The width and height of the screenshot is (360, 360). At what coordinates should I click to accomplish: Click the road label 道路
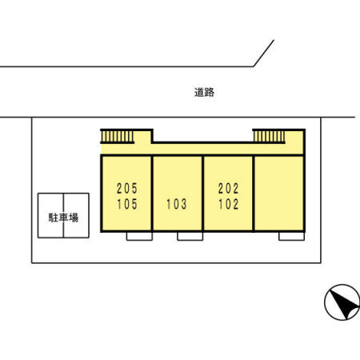tap(204, 92)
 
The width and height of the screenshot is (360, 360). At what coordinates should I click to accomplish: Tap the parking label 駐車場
tap(63, 218)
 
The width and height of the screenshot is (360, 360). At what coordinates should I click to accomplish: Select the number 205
tap(127, 188)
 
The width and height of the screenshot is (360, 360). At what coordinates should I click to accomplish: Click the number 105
tap(127, 204)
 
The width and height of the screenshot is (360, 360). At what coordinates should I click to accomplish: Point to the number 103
tap(177, 204)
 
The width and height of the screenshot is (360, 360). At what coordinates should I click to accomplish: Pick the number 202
tap(228, 188)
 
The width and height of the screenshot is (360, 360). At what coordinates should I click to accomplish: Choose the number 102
tap(228, 204)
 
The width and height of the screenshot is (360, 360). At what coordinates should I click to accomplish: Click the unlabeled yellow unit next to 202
tap(279, 194)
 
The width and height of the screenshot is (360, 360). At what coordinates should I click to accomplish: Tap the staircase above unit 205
tap(118, 137)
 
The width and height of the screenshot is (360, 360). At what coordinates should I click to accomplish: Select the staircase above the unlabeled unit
tap(269, 137)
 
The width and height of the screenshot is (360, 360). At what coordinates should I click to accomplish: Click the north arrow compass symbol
tap(342, 302)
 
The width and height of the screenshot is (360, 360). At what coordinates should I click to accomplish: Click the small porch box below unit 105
tap(139, 236)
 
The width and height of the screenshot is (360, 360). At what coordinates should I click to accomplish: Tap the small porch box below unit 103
tap(190, 236)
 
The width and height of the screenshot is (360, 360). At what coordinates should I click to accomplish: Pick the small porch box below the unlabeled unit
tap(291, 236)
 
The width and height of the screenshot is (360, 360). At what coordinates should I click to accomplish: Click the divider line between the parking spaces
tap(63, 215)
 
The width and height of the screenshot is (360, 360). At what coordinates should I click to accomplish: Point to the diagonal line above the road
tap(263, 54)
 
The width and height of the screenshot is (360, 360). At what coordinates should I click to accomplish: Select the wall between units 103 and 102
tap(203, 194)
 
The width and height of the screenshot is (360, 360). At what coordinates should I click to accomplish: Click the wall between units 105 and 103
tap(152, 194)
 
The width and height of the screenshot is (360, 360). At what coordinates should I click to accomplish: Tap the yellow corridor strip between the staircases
tap(202, 149)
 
